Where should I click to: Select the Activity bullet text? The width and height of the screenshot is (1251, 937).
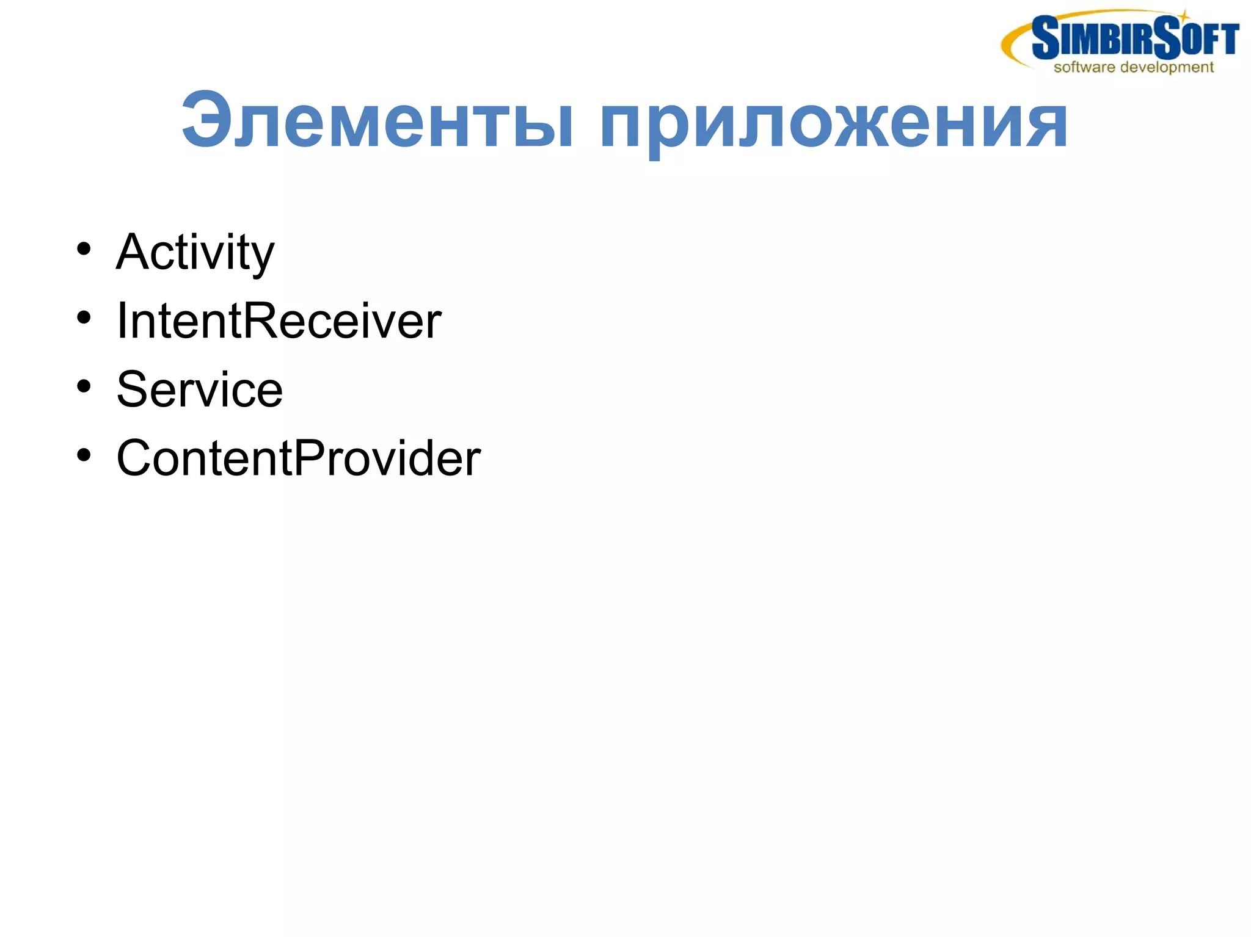[195, 252]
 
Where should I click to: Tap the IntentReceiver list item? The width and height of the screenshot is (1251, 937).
[279, 321]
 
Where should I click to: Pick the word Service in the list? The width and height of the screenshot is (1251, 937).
[200, 389]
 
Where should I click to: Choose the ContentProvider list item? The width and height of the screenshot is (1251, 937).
[298, 458]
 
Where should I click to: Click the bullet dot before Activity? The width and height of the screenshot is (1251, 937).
[84, 249]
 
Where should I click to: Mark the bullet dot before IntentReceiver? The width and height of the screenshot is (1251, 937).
[84, 317]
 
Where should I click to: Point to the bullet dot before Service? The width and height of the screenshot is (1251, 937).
[84, 386]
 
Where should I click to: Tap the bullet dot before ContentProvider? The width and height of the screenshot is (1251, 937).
[84, 455]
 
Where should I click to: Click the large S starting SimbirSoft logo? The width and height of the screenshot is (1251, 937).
[1045, 38]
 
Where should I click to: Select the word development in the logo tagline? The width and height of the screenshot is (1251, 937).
[1167, 67]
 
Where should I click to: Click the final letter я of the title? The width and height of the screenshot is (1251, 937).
[1046, 125]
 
